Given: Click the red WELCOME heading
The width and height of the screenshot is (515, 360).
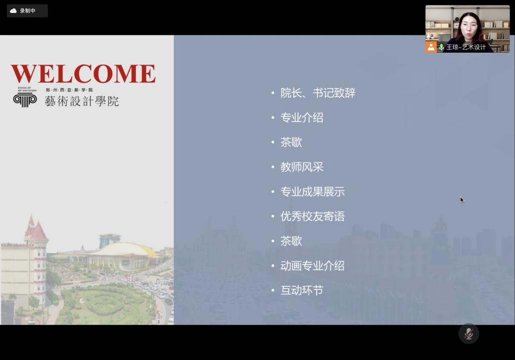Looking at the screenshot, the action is [x=83, y=74].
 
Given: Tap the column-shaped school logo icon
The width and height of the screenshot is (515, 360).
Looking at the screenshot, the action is [x=25, y=100].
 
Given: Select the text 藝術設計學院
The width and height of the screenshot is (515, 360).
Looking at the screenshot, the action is [x=82, y=101].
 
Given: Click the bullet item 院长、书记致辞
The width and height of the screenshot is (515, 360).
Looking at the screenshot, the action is [x=318, y=93].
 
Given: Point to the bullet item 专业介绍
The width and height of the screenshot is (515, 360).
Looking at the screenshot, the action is [x=302, y=118].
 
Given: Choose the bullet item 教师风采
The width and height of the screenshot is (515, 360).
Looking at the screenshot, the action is [x=302, y=167].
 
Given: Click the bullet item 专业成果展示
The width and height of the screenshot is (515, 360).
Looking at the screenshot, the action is [x=312, y=192].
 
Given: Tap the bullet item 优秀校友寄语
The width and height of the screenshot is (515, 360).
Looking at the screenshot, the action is [x=312, y=216].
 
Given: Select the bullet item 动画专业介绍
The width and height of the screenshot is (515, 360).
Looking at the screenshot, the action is [x=312, y=266].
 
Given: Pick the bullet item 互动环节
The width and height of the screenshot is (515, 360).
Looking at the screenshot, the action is [x=302, y=290].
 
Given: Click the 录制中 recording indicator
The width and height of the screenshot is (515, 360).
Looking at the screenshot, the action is [x=27, y=11].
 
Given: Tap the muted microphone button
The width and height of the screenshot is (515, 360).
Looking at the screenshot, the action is [x=469, y=334].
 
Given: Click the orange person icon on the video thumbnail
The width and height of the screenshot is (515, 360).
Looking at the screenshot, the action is [x=431, y=47].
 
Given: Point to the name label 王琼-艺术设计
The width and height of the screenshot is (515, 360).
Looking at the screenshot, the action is [x=466, y=47].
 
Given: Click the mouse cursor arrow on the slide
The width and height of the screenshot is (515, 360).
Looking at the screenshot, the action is [x=462, y=200].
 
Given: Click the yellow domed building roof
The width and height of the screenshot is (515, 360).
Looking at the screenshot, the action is [x=123, y=249].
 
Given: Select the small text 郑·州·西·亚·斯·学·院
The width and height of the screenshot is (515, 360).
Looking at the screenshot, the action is [x=69, y=90].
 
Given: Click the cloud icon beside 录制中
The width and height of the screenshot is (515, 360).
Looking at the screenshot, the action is [x=14, y=11].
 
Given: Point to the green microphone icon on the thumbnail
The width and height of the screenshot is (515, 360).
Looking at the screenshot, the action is [x=441, y=47].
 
